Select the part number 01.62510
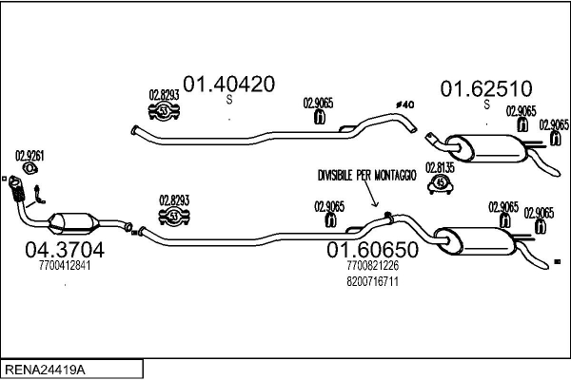click(x=484, y=89)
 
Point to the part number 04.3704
click(x=58, y=251)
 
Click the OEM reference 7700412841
click(x=58, y=266)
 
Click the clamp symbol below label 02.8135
click(x=440, y=182)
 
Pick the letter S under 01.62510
click(x=485, y=104)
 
